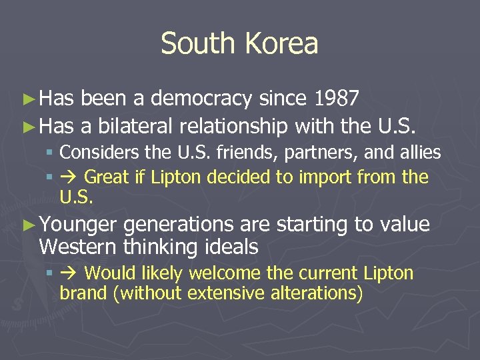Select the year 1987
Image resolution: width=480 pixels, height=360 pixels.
[x=337, y=99]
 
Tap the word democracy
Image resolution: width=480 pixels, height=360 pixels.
[x=201, y=100]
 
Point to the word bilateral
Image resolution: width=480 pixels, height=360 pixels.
[x=127, y=125]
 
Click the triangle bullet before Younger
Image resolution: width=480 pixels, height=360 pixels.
[x=27, y=225]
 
